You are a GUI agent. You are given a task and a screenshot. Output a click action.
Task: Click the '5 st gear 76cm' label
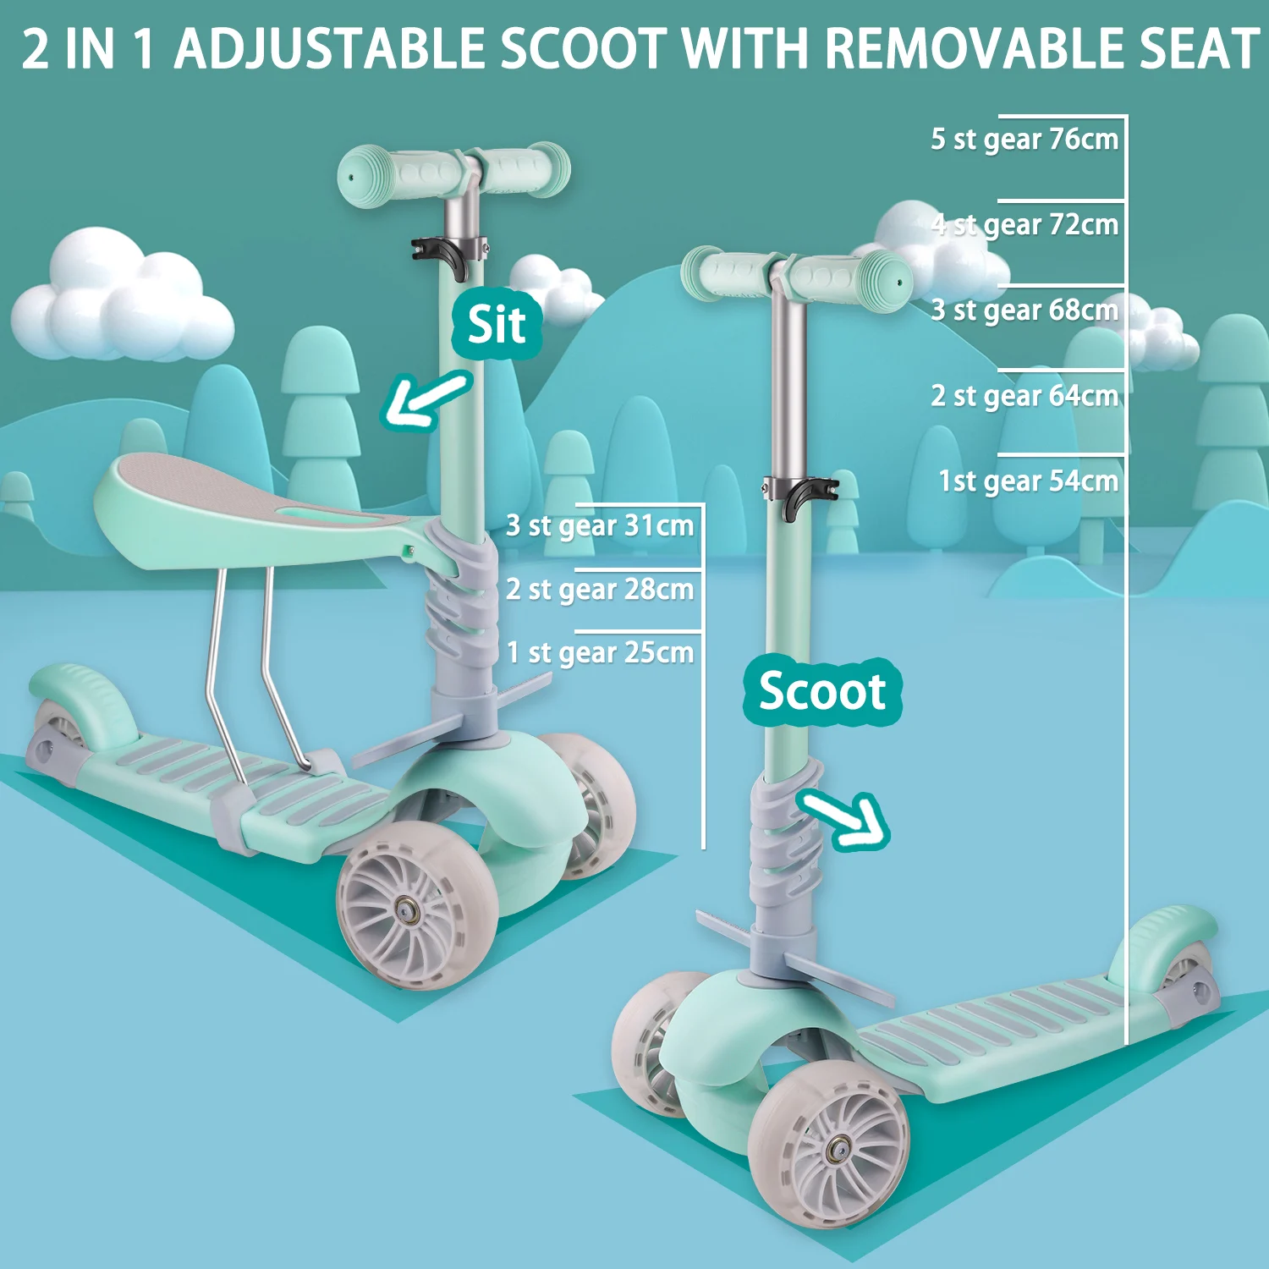(x=1025, y=140)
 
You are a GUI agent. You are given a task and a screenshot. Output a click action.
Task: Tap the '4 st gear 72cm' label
(x=1025, y=225)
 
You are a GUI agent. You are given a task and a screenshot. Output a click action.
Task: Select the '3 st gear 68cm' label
(x=1025, y=310)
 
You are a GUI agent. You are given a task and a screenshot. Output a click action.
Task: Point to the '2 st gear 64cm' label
(x=1025, y=396)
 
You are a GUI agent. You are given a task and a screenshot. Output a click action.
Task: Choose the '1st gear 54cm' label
(x=1028, y=481)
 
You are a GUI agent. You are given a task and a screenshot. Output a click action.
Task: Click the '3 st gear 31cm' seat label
(x=600, y=526)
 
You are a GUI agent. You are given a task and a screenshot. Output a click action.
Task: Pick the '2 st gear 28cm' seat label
(x=600, y=590)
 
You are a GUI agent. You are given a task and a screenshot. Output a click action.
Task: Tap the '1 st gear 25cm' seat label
(x=600, y=653)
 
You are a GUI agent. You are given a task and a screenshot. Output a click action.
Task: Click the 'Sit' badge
(x=497, y=325)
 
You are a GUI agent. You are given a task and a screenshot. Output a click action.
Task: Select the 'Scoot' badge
(x=821, y=692)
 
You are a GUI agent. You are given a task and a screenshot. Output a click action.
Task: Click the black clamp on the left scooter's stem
(x=446, y=255)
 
